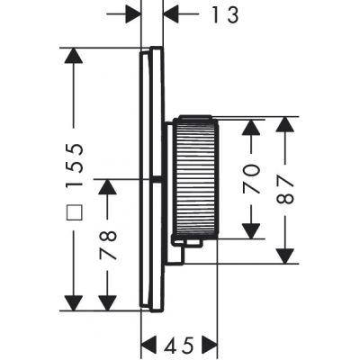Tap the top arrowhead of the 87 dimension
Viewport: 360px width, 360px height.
pos(286,127)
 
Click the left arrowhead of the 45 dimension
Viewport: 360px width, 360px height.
pos(151,344)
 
